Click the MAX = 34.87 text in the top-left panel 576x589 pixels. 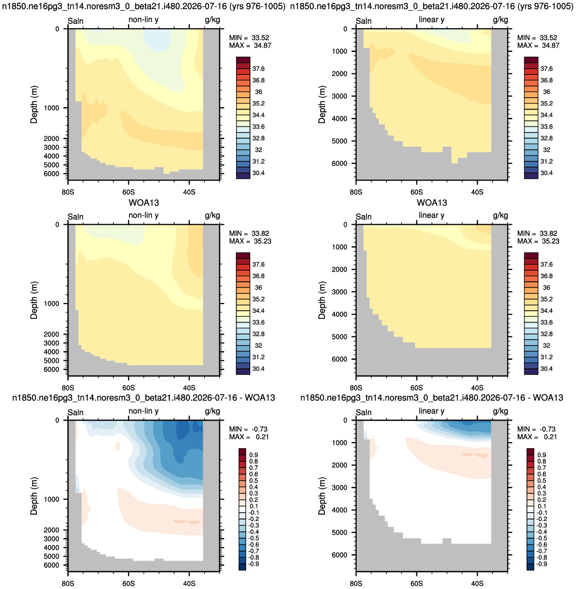point(250,46)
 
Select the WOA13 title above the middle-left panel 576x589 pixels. point(144,203)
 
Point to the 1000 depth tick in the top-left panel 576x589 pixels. point(52,108)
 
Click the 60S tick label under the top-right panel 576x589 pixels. point(416,192)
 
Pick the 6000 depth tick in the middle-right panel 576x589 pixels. point(339,359)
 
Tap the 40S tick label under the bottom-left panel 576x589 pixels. point(189,583)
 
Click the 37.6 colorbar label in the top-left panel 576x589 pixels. point(259,69)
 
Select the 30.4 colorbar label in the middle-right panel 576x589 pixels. point(547,369)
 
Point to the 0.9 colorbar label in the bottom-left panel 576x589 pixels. point(254,455)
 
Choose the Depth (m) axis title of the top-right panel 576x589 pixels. point(322,104)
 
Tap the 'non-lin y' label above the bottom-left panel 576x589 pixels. point(144,411)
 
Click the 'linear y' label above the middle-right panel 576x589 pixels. point(432,216)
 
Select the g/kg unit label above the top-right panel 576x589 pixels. point(501,20)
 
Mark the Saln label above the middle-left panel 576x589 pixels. point(75,217)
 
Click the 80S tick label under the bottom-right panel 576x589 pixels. point(356,583)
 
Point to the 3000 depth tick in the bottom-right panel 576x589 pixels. point(339,488)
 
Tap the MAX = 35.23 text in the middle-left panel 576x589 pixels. point(250,241)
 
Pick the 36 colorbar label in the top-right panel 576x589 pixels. point(547,92)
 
